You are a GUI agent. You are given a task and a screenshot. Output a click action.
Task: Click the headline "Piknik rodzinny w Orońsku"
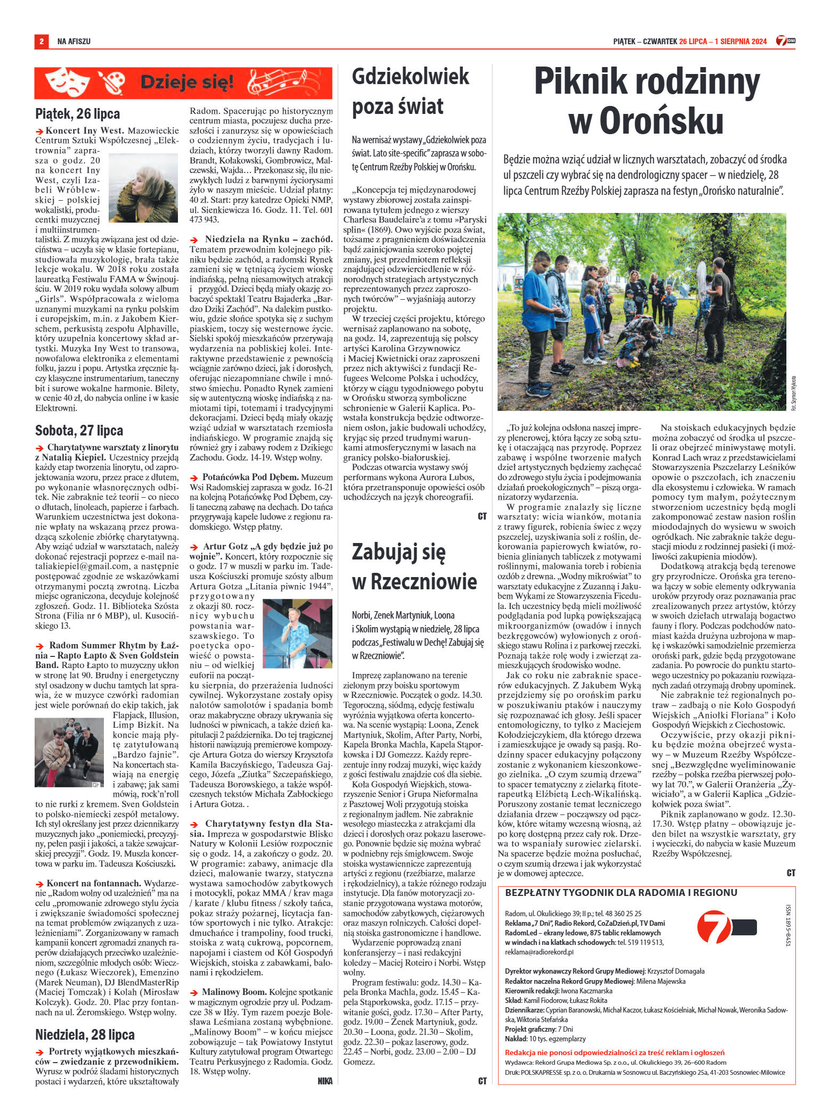(647, 102)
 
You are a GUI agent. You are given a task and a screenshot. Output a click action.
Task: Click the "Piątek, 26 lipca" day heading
(77, 113)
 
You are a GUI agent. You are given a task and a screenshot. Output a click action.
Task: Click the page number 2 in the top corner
(40, 41)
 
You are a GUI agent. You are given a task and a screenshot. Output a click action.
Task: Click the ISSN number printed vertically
(788, 927)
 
